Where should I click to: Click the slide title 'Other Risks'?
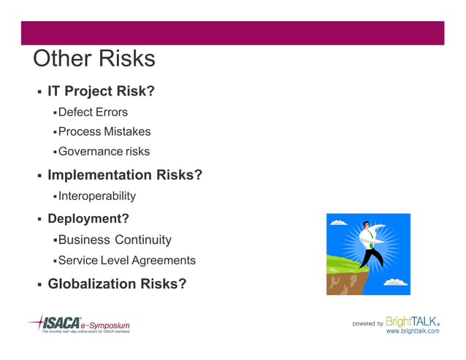pyautogui.click(x=94, y=59)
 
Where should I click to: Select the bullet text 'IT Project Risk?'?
pyautogui.click(x=101, y=91)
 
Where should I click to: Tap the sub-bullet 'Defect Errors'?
pyautogui.click(x=93, y=112)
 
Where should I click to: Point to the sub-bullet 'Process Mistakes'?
pyautogui.click(x=104, y=131)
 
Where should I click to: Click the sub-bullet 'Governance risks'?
pyautogui.click(x=104, y=151)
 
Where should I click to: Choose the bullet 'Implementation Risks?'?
pyautogui.click(x=125, y=175)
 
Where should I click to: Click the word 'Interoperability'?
pyautogui.click(x=97, y=196)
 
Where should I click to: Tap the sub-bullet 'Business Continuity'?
pyautogui.click(x=115, y=240)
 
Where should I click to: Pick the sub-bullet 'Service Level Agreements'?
pyautogui.click(x=127, y=260)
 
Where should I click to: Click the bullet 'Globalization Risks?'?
pyautogui.click(x=117, y=283)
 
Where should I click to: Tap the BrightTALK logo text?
pyautogui.click(x=413, y=321)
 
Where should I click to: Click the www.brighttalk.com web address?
pyautogui.click(x=413, y=332)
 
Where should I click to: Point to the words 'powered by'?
pyautogui.click(x=367, y=323)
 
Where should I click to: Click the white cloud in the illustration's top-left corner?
pyautogui.click(x=337, y=222)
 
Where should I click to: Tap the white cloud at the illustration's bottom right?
pyautogui.click(x=395, y=282)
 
